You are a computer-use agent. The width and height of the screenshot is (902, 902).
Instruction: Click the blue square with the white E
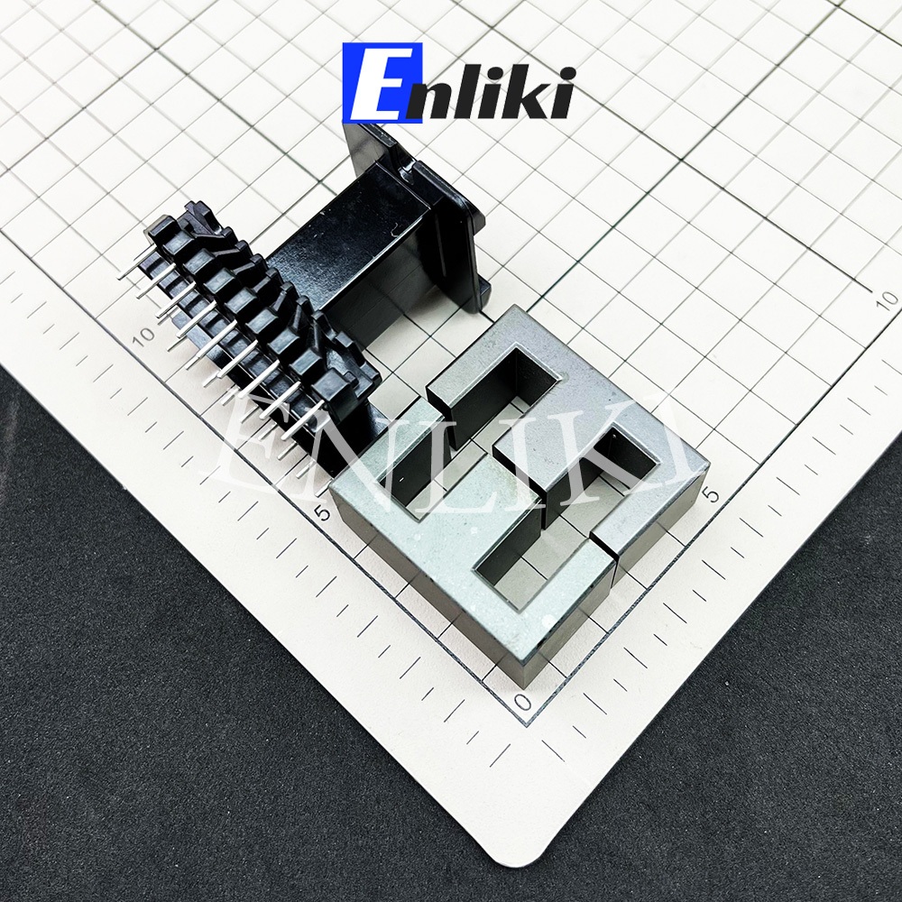tap(382, 82)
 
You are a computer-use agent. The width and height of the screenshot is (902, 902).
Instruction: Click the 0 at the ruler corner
tap(522, 703)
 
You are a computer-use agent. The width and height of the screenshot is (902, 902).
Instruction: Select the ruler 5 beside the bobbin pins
tap(324, 512)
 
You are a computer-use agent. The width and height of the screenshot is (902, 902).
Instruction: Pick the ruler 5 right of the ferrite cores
tap(713, 494)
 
